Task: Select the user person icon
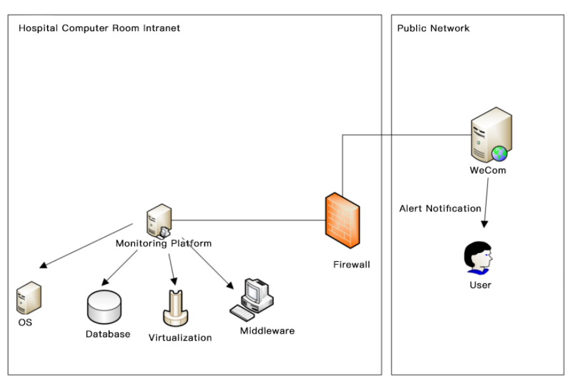pyautogui.click(x=479, y=259)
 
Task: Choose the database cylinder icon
pyautogui.click(x=104, y=308)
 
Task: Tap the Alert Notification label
pyautogui.click(x=440, y=208)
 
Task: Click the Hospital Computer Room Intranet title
pyautogui.click(x=99, y=28)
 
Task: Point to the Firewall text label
pyautogui.click(x=351, y=264)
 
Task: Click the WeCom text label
pyautogui.click(x=488, y=170)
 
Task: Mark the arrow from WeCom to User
pyautogui.click(x=486, y=202)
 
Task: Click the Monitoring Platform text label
pyautogui.click(x=163, y=243)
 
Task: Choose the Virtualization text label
pyautogui.click(x=180, y=337)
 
